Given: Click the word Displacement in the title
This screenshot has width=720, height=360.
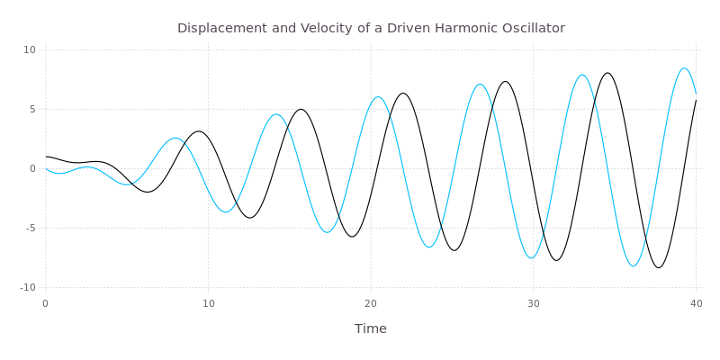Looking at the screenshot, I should click(x=217, y=28).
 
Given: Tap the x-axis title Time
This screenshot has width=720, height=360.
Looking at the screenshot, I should click(x=370, y=328).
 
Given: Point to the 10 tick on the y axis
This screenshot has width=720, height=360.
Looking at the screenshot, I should click(x=30, y=49).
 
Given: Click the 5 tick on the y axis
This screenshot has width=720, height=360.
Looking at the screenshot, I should click(x=32, y=109).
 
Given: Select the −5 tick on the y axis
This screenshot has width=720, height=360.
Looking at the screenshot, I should click(x=30, y=228).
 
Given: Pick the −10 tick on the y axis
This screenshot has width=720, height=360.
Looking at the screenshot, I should click(x=27, y=287).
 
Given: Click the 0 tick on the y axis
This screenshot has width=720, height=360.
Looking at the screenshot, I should click(x=32, y=168).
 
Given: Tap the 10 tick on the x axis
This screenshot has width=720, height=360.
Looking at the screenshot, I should click(x=208, y=303).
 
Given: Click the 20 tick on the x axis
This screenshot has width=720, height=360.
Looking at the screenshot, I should click(x=371, y=303).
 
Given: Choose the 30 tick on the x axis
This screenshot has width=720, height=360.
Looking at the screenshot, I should click(x=534, y=303).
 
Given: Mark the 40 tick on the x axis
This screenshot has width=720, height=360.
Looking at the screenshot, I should click(x=696, y=303).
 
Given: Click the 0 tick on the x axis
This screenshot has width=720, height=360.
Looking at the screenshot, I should click(x=46, y=303).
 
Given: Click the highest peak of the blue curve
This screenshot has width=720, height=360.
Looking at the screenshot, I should click(x=685, y=68).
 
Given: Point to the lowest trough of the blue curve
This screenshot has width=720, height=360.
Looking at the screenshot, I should click(x=634, y=266).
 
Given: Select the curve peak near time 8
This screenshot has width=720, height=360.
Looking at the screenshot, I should click(x=175, y=138).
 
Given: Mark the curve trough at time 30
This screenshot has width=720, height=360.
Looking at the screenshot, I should click(x=532, y=259).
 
